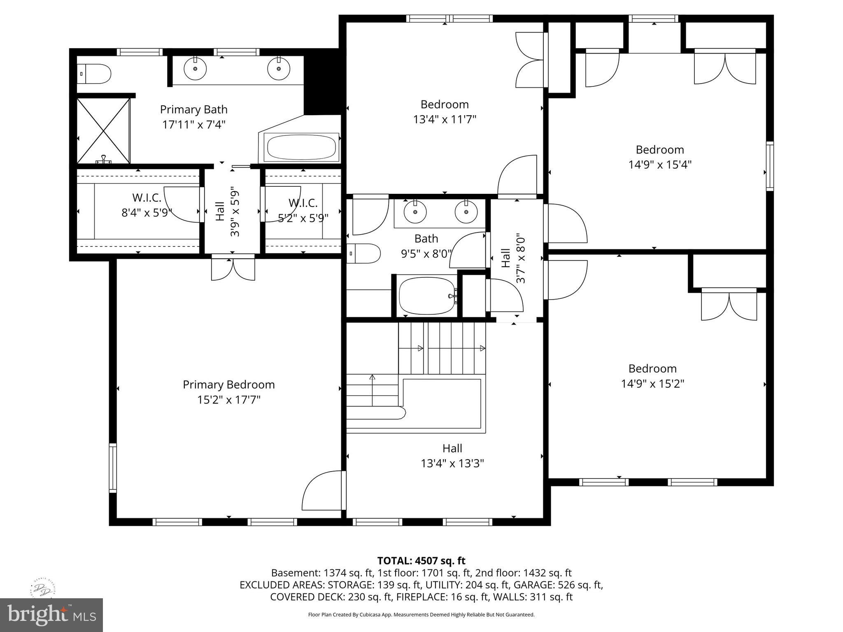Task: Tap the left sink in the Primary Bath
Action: [x=195, y=69]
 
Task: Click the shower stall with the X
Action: [x=103, y=130]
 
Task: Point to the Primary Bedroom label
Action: [x=228, y=385]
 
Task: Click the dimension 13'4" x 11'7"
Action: [x=445, y=120]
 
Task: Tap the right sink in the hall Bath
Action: [x=466, y=212]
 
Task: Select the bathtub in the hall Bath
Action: [x=427, y=295]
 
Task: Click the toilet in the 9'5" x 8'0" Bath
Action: [x=364, y=253]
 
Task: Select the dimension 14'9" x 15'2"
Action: [x=652, y=384]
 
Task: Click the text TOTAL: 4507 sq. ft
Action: [x=421, y=561]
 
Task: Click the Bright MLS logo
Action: [x=51, y=615]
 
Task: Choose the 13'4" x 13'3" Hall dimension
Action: [x=452, y=464]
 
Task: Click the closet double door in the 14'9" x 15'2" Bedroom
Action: [x=729, y=306]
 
